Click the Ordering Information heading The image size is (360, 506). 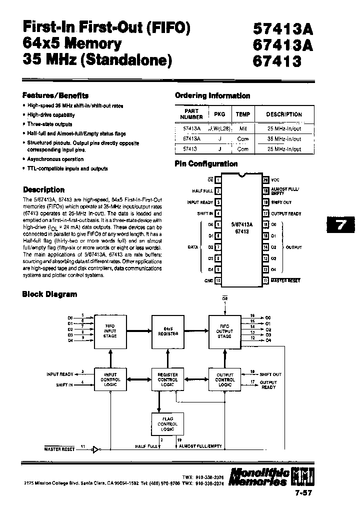click(212, 95)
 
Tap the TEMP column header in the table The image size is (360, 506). click(243, 114)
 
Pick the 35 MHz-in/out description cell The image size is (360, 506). click(284, 139)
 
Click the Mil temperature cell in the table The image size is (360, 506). click(243, 129)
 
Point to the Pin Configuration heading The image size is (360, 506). click(206, 163)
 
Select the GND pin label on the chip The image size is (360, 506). click(208, 280)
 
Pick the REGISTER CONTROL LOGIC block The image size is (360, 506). click(167, 379)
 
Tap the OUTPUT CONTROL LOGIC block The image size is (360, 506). click(224, 379)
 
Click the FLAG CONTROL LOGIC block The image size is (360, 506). click(167, 424)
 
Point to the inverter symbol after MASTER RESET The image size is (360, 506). click(95, 449)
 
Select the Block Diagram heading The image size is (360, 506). click(49, 294)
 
